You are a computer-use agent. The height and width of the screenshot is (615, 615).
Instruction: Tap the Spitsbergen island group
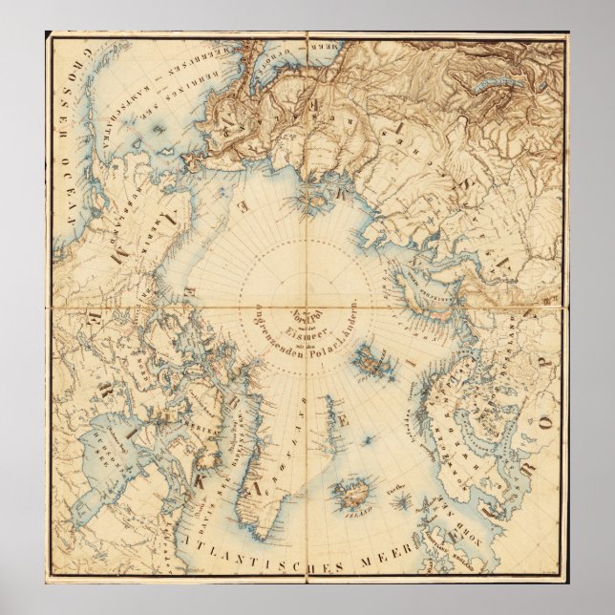pyautogui.click(x=366, y=363)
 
